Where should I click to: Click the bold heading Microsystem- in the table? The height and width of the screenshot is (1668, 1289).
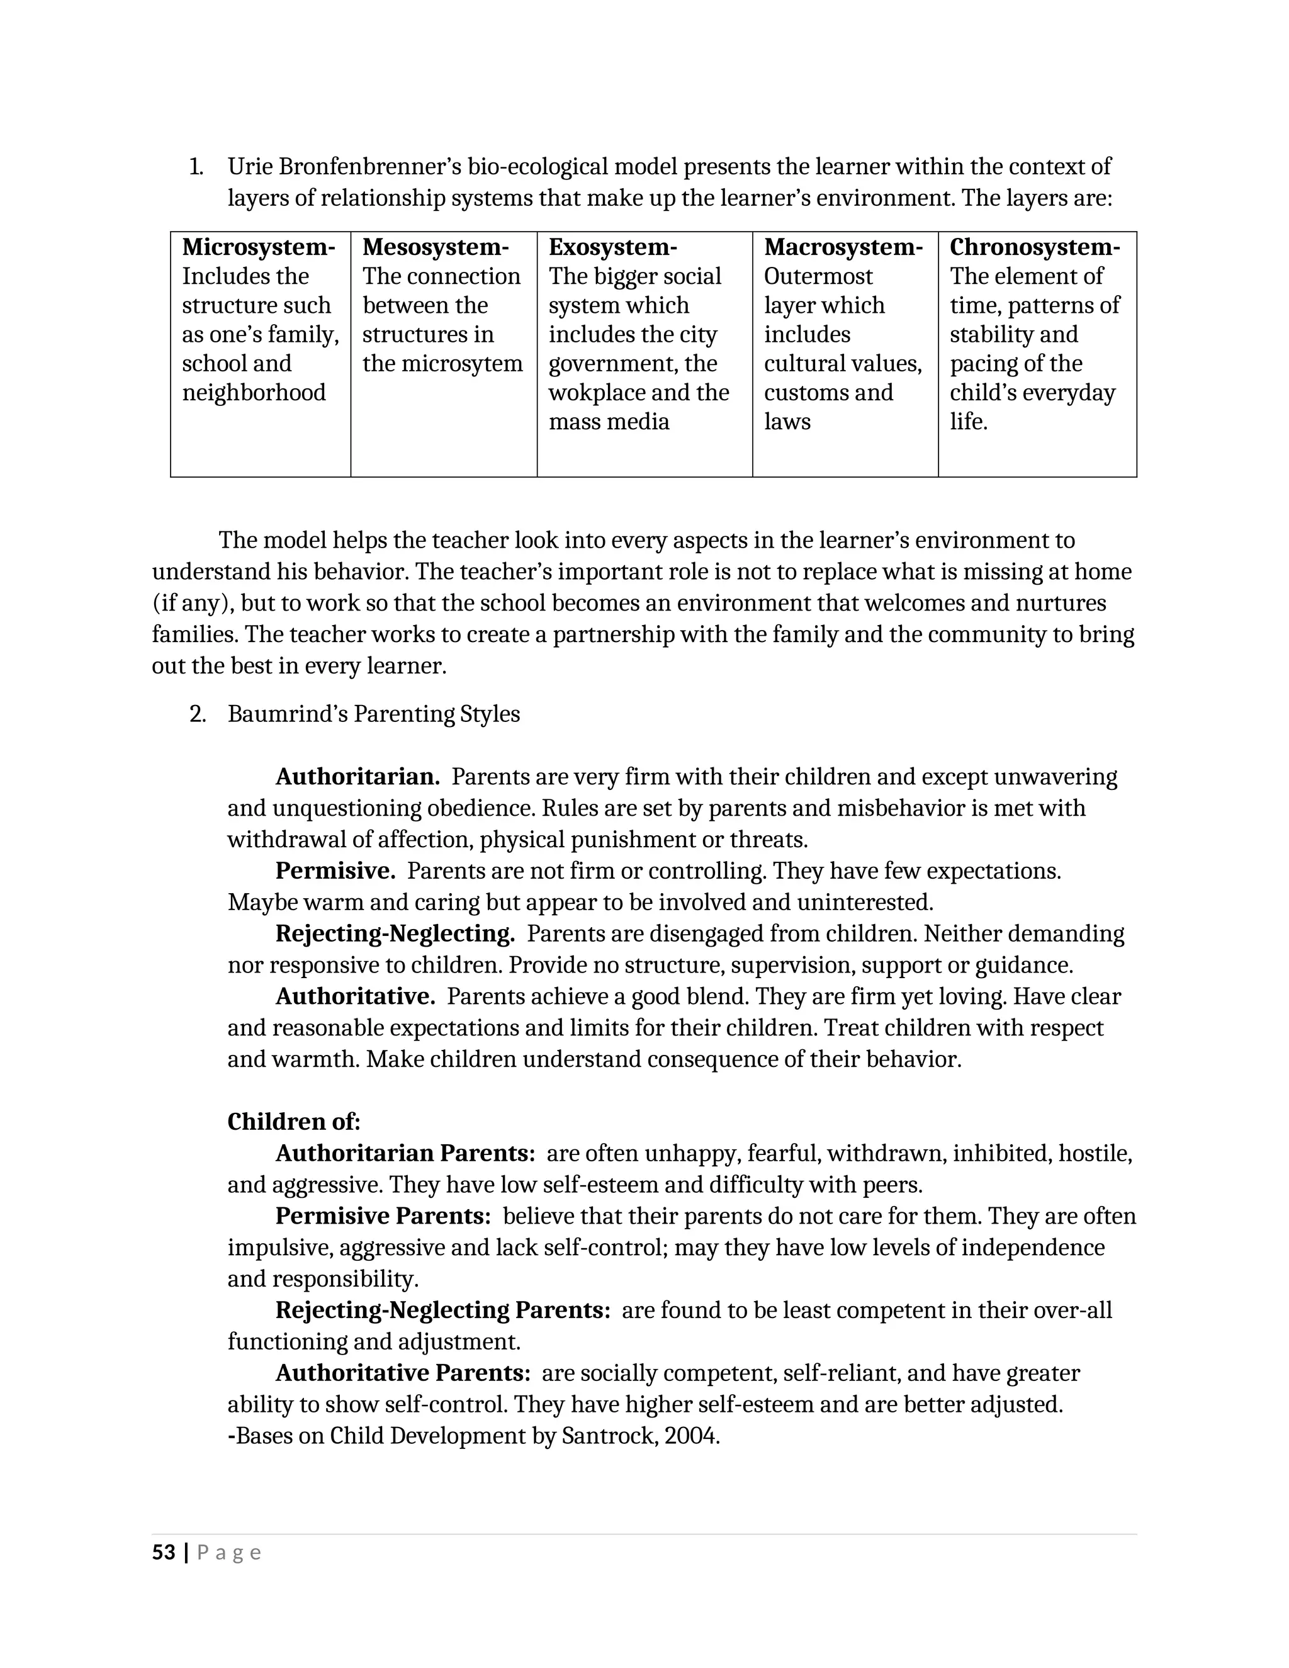point(258,247)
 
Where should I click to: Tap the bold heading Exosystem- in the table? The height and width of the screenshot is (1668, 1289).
point(612,247)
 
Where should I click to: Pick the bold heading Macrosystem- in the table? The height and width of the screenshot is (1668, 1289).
point(843,247)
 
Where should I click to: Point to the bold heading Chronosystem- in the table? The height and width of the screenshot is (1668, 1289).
point(1035,247)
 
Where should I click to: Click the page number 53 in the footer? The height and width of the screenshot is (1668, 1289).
point(164,1553)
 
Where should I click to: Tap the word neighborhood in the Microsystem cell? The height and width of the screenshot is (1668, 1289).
point(254,393)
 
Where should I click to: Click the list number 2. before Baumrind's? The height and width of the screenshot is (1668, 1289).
point(197,714)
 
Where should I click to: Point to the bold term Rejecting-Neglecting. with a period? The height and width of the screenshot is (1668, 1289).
point(395,933)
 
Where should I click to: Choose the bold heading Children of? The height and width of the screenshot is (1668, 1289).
point(293,1121)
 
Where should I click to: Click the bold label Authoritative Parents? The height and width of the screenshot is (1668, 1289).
point(402,1372)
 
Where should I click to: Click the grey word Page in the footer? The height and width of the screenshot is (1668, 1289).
point(229,1553)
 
